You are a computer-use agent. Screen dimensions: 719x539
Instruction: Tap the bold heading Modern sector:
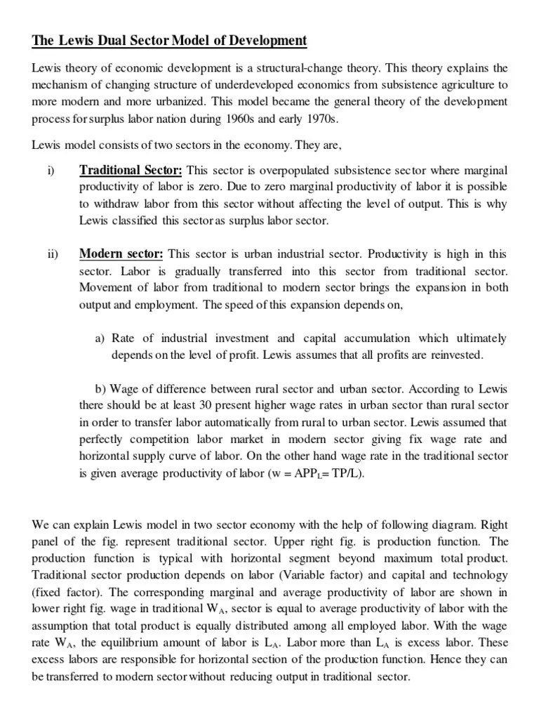121,253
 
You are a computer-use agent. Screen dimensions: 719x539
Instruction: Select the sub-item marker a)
101,338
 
